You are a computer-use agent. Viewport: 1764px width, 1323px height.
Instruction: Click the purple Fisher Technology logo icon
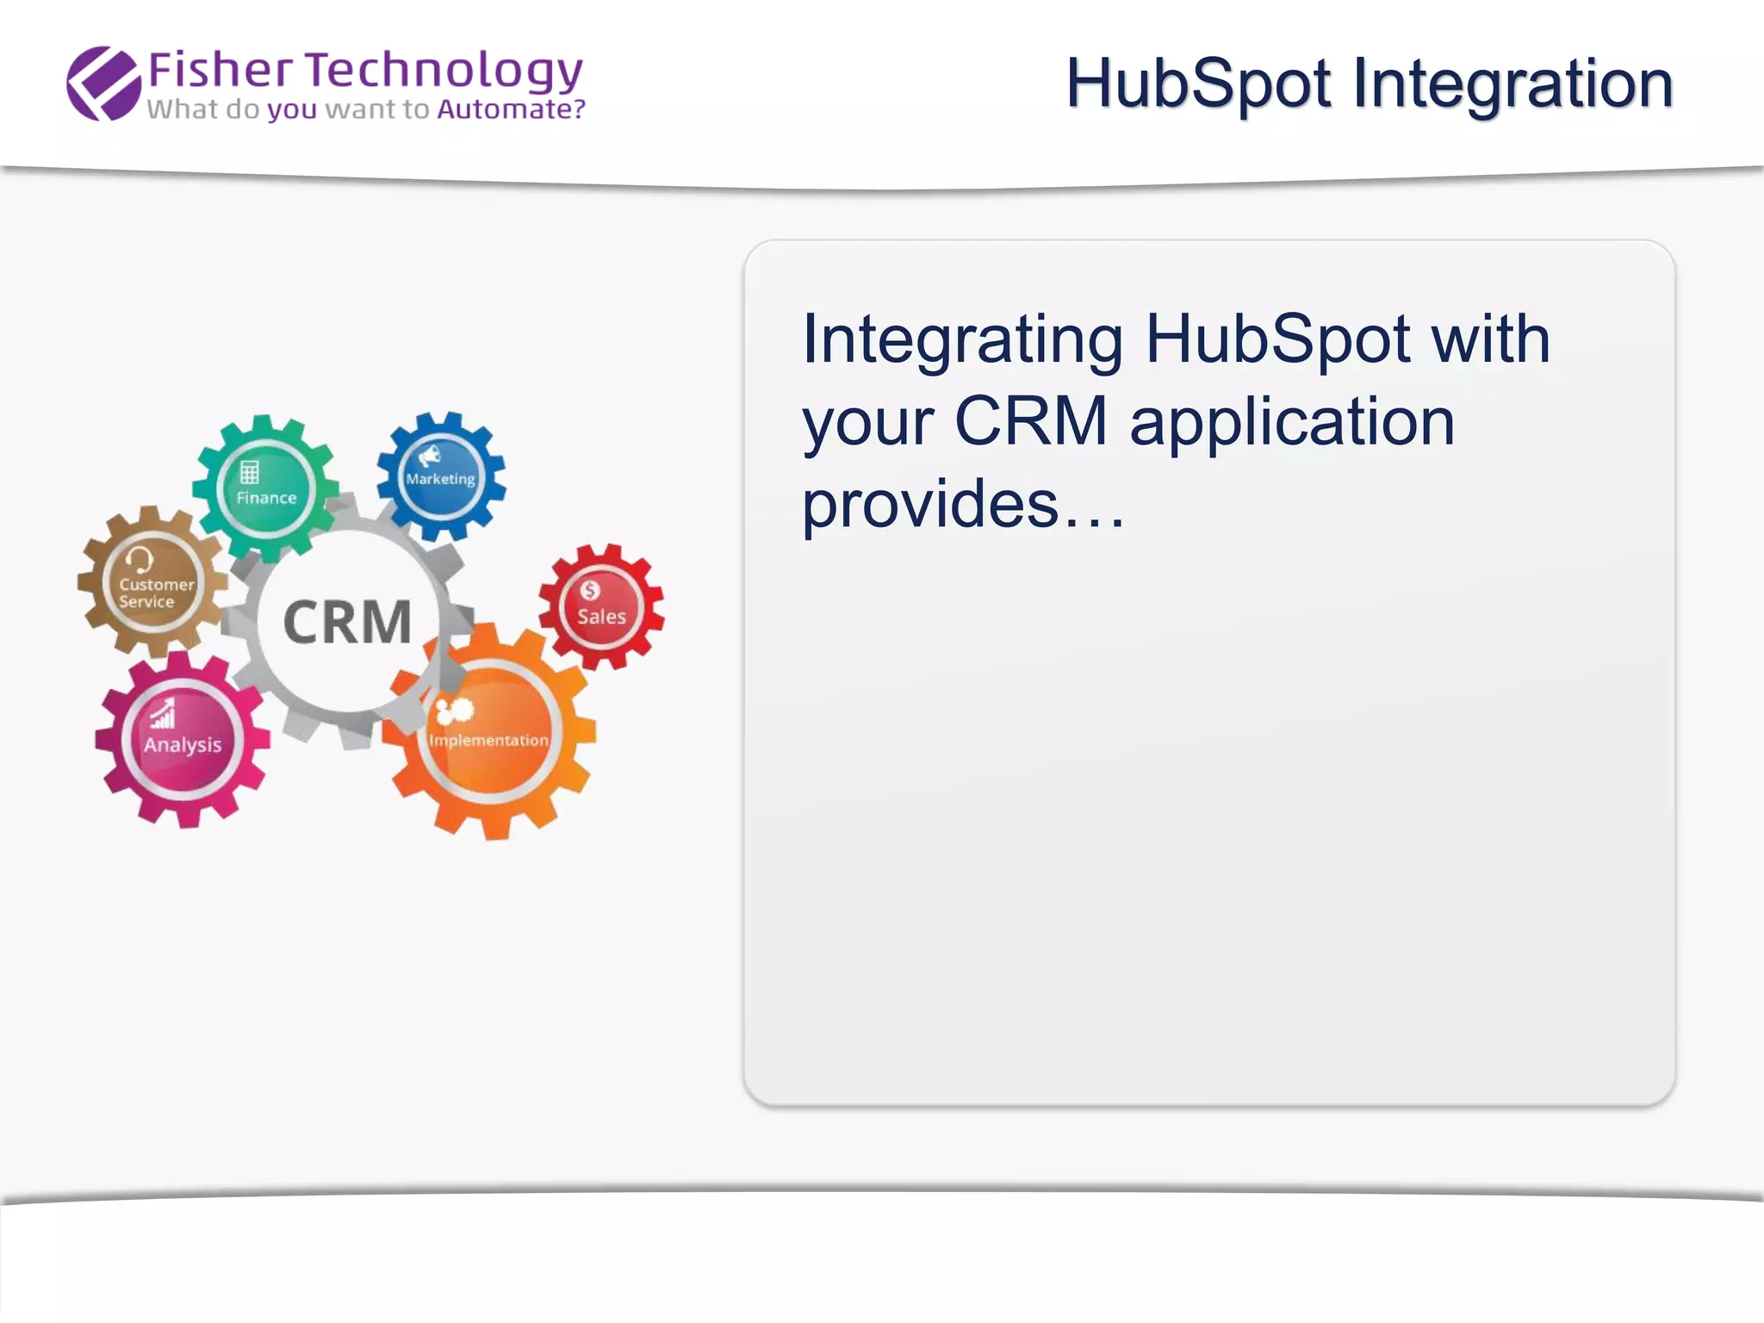[103, 83]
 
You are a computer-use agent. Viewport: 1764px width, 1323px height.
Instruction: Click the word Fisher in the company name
[220, 71]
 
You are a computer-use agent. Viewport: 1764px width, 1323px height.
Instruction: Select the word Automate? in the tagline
[511, 109]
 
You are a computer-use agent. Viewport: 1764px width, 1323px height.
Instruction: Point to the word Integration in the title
[1512, 84]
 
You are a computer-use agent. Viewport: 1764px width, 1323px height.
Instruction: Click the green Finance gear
[266, 488]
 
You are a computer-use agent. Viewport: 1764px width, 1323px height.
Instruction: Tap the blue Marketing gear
[441, 476]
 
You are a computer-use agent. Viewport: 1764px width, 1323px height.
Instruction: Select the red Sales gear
[601, 607]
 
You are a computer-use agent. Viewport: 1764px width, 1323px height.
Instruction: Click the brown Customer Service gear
[153, 583]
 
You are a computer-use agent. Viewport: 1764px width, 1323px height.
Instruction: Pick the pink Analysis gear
[182, 739]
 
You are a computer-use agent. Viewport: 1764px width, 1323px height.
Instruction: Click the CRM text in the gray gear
[347, 622]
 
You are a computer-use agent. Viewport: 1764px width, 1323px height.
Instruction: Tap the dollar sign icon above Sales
[590, 590]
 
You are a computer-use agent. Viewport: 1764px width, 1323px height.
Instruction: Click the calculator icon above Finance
[250, 472]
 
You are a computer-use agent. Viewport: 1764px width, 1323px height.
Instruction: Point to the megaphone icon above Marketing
[429, 455]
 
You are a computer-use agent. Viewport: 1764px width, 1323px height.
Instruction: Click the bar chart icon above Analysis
[163, 715]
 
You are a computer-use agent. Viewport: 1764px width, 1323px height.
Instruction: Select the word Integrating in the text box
[962, 340]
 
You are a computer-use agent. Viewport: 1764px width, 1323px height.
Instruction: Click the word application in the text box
[1292, 422]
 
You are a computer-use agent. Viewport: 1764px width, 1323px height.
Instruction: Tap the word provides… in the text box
[963, 504]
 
